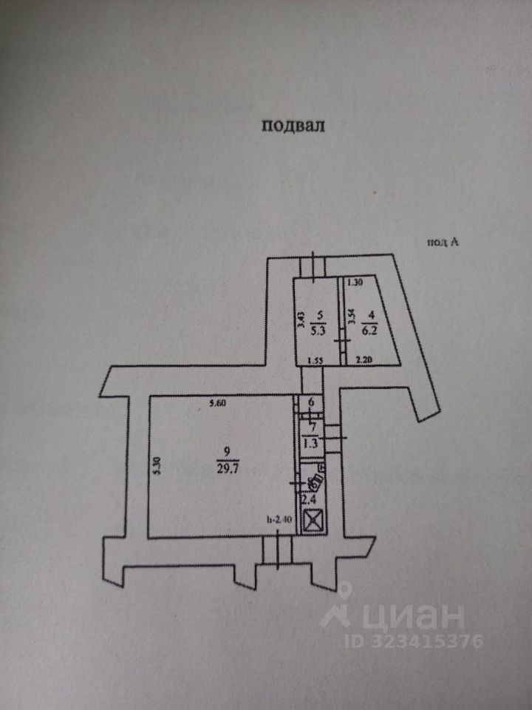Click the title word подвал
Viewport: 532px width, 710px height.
click(293, 125)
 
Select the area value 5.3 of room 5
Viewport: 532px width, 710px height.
click(318, 331)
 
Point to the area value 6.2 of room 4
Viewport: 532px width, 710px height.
click(368, 332)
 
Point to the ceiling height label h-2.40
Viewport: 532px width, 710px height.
click(280, 519)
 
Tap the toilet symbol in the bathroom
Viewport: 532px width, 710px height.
click(316, 480)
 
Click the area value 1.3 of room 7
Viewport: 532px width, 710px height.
click(310, 444)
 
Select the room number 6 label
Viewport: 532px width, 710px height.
click(311, 402)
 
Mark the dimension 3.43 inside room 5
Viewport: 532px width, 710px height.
click(300, 320)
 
